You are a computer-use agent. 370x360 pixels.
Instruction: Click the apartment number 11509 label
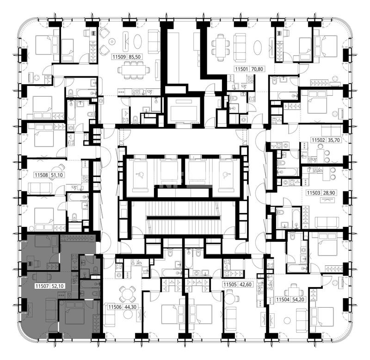click(119, 57)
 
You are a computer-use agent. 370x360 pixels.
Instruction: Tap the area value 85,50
click(136, 57)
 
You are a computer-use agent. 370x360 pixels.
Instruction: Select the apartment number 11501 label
click(241, 69)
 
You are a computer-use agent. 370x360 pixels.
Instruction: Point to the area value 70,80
click(257, 69)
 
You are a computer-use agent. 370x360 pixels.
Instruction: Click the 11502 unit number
click(319, 140)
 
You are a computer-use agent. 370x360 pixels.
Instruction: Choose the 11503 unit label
click(314, 193)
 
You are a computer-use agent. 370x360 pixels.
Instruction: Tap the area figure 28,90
click(329, 193)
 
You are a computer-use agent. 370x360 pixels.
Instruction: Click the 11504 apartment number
click(283, 299)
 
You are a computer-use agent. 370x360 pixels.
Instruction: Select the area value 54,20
click(298, 299)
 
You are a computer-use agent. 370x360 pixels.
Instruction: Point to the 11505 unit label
click(230, 285)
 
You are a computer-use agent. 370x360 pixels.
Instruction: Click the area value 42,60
click(246, 285)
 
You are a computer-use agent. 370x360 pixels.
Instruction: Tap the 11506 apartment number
click(115, 307)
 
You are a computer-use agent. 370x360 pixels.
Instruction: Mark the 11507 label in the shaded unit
click(42, 286)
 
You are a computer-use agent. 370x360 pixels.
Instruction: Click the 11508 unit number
click(42, 175)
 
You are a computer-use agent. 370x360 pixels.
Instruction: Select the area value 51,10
click(57, 175)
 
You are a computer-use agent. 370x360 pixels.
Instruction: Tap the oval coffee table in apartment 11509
click(137, 42)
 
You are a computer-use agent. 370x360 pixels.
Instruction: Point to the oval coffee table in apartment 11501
click(258, 48)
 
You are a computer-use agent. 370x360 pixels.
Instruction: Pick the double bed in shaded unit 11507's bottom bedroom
click(75, 312)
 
